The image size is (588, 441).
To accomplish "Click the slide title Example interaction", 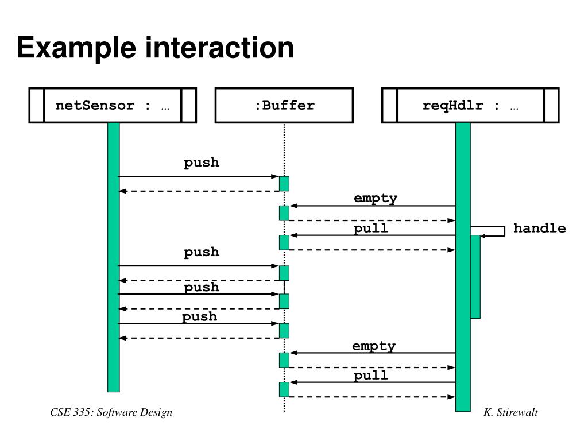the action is click(x=155, y=48).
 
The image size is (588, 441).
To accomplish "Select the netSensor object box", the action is click(x=113, y=106).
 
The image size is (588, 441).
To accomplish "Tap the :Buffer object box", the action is click(x=284, y=106).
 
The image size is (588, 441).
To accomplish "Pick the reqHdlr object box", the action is click(x=470, y=106).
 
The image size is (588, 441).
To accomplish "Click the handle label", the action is click(x=540, y=228).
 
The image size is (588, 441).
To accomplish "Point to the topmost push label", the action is click(x=202, y=163).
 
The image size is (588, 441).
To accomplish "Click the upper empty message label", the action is click(x=376, y=198).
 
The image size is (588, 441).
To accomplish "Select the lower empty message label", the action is click(x=373, y=346).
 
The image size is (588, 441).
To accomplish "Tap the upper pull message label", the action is click(x=370, y=228).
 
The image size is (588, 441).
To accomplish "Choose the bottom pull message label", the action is click(x=370, y=375).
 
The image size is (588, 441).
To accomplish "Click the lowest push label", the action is click(x=199, y=317).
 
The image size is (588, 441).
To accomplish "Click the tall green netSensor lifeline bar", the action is click(x=114, y=257).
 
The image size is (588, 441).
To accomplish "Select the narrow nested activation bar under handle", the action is click(x=475, y=277).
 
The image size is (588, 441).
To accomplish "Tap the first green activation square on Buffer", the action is click(x=284, y=184).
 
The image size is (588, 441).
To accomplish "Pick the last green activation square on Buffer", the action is click(x=284, y=390).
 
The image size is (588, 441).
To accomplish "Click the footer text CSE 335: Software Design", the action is click(x=111, y=413).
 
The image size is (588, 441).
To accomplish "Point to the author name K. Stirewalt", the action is click(x=510, y=412).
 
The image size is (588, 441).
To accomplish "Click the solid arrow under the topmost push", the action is click(x=199, y=176).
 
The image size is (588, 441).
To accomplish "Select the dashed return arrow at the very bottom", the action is click(x=372, y=397).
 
